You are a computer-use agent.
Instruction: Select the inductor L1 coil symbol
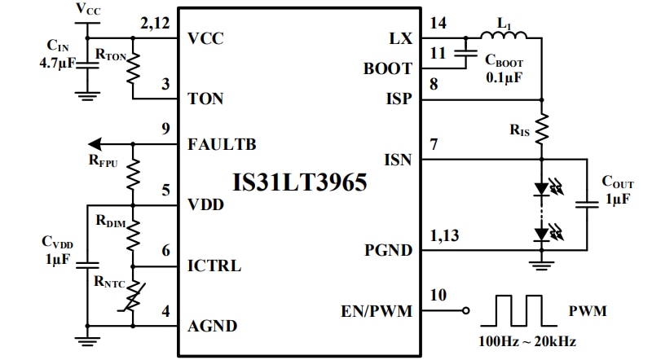click(504, 35)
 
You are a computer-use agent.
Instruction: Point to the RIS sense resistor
click(542, 130)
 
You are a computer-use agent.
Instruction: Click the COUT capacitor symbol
click(586, 204)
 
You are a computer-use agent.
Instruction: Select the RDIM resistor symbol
click(134, 235)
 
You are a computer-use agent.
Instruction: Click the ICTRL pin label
click(214, 266)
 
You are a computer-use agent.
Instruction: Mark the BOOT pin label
click(387, 69)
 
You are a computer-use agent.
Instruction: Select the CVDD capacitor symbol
click(86, 263)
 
